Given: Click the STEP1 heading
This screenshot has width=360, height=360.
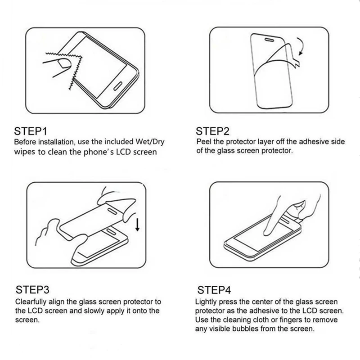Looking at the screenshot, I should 31,131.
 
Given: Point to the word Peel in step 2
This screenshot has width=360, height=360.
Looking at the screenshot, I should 204,142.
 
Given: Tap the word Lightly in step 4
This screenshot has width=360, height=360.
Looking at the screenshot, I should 206,301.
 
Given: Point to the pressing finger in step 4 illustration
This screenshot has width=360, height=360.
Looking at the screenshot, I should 274,211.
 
